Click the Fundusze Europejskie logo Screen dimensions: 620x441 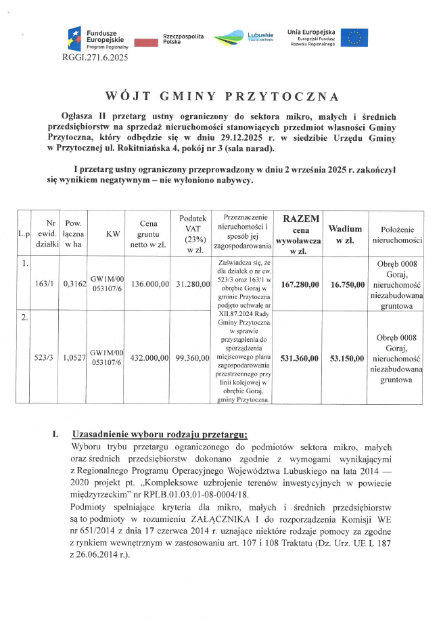(x=98, y=39)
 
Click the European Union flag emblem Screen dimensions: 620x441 (x=354, y=39)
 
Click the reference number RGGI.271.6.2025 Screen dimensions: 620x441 (x=94, y=59)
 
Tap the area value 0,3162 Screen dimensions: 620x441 (x=73, y=284)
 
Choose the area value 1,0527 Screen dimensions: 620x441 (x=73, y=357)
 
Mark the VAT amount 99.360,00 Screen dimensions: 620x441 (x=192, y=357)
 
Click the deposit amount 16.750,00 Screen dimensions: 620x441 (x=347, y=284)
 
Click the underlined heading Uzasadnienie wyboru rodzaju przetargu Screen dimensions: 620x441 (x=159, y=435)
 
